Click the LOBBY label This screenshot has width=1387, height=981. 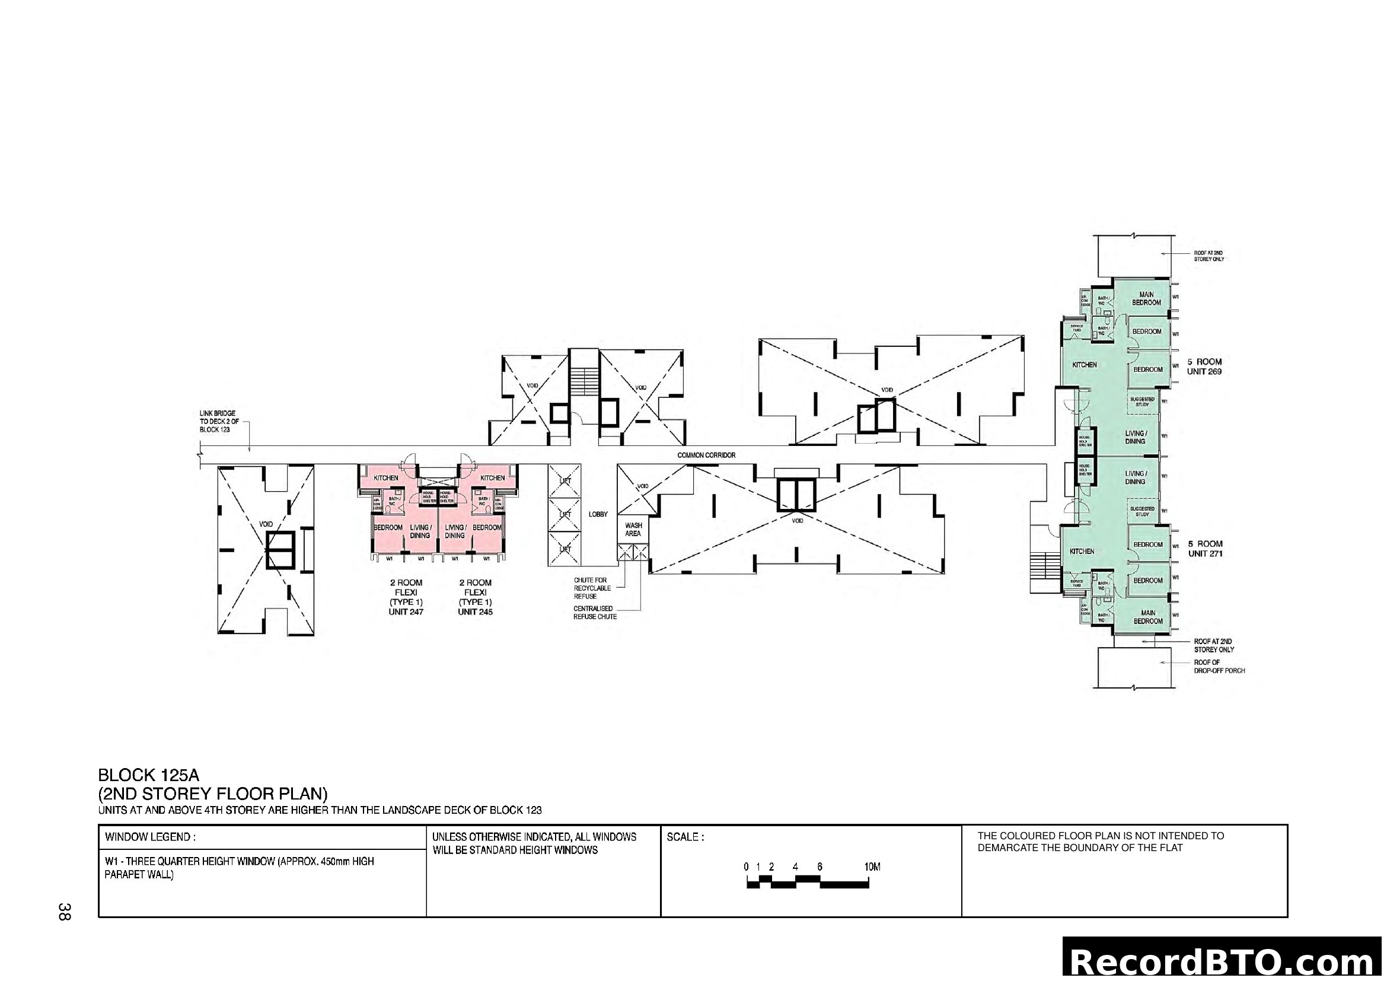point(598,515)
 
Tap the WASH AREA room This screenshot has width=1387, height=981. point(633,530)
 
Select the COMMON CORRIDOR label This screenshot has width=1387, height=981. point(706,455)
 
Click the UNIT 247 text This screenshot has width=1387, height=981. point(406,612)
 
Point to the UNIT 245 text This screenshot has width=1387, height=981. point(475,612)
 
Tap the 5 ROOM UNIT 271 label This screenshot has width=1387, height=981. point(1204,549)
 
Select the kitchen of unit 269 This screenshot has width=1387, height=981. point(1085,365)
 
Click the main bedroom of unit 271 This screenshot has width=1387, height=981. point(1147,617)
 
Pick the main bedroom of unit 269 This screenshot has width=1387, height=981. point(1146,298)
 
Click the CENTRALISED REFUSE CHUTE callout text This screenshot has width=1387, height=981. point(594,613)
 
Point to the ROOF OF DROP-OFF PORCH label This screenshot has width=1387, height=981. point(1219,666)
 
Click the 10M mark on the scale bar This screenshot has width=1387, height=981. point(872,867)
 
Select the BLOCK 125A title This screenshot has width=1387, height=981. point(148,775)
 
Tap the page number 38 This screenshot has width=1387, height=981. point(65,912)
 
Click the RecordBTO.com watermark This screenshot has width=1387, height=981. point(1223,961)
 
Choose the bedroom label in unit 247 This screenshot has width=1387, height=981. point(388,527)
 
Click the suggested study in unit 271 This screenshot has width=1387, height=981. point(1142,511)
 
